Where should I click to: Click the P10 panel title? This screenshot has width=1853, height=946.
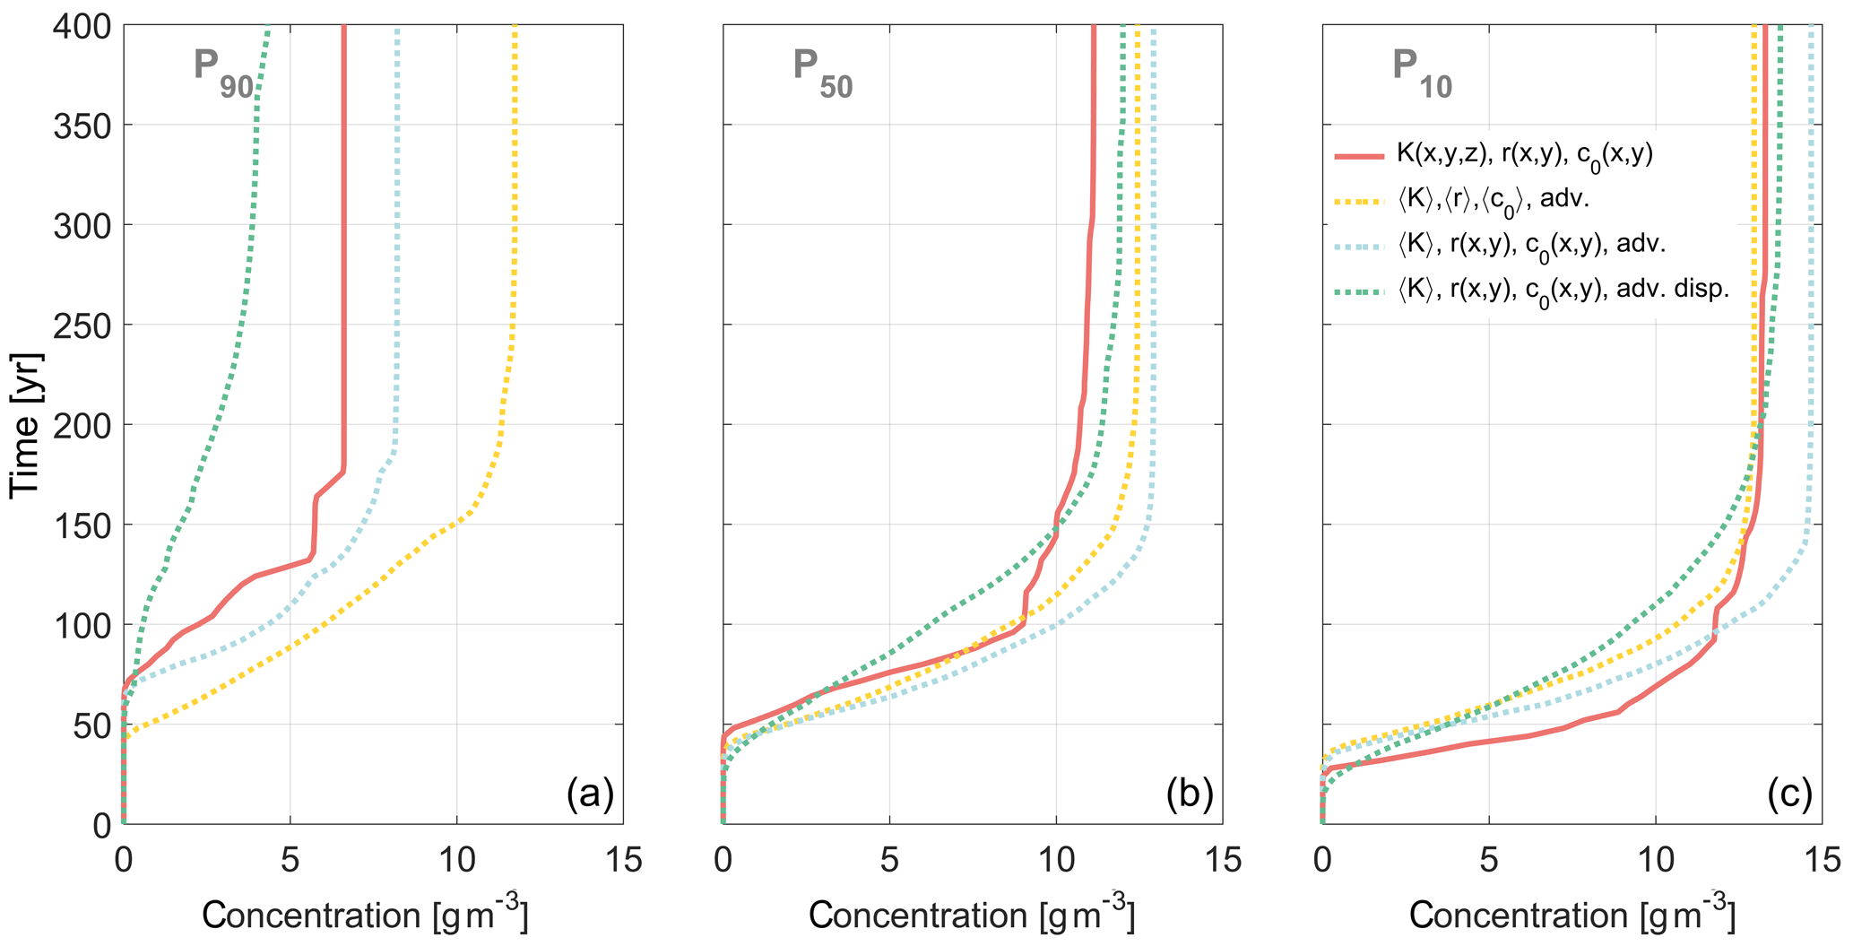(x=1422, y=73)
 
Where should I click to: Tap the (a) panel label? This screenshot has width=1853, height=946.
(x=589, y=794)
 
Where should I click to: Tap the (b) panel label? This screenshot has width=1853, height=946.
(x=1189, y=794)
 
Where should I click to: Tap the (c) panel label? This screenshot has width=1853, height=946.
(x=1789, y=794)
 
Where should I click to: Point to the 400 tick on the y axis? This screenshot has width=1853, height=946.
(x=78, y=28)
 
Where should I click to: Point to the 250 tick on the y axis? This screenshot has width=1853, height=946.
(x=78, y=325)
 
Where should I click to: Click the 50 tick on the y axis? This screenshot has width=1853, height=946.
(x=90, y=725)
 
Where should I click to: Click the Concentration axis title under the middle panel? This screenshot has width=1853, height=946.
(x=972, y=915)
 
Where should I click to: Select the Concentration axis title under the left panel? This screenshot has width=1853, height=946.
(x=365, y=915)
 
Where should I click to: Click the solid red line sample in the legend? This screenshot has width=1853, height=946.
(x=1359, y=156)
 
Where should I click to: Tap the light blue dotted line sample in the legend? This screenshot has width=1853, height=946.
(x=1359, y=245)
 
